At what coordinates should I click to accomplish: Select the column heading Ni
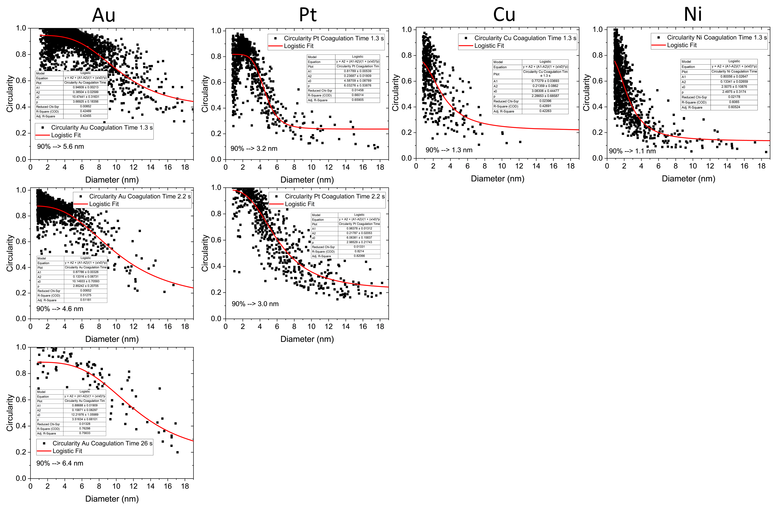693,14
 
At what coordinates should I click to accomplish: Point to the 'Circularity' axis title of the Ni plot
587,93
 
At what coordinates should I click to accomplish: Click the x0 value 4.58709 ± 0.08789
358,81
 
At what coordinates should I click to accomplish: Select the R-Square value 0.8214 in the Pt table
359,251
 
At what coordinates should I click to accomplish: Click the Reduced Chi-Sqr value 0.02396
545,101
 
